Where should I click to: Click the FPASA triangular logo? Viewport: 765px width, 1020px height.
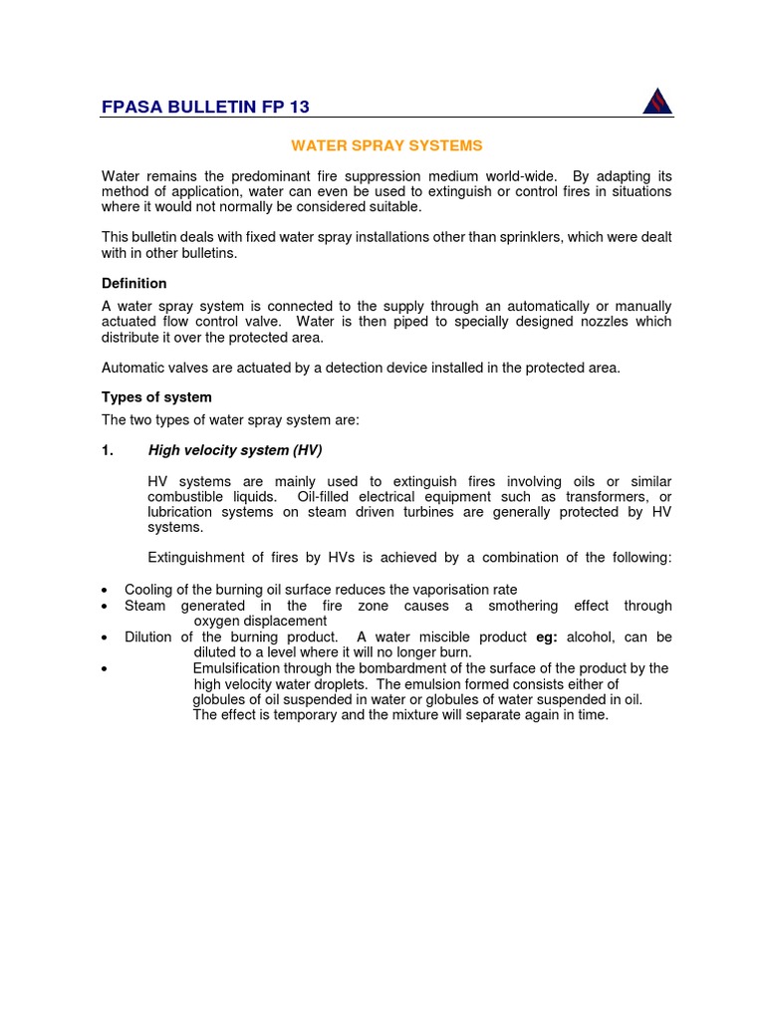coord(656,101)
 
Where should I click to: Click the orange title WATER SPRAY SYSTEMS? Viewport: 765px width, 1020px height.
coord(386,145)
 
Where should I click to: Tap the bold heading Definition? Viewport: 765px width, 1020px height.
coord(134,284)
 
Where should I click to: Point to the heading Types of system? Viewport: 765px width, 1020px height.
coord(156,397)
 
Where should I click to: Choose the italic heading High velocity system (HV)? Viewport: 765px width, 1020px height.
coord(235,450)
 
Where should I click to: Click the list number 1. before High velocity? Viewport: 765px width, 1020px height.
coord(108,450)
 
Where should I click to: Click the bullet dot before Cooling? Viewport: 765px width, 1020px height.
coord(105,591)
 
